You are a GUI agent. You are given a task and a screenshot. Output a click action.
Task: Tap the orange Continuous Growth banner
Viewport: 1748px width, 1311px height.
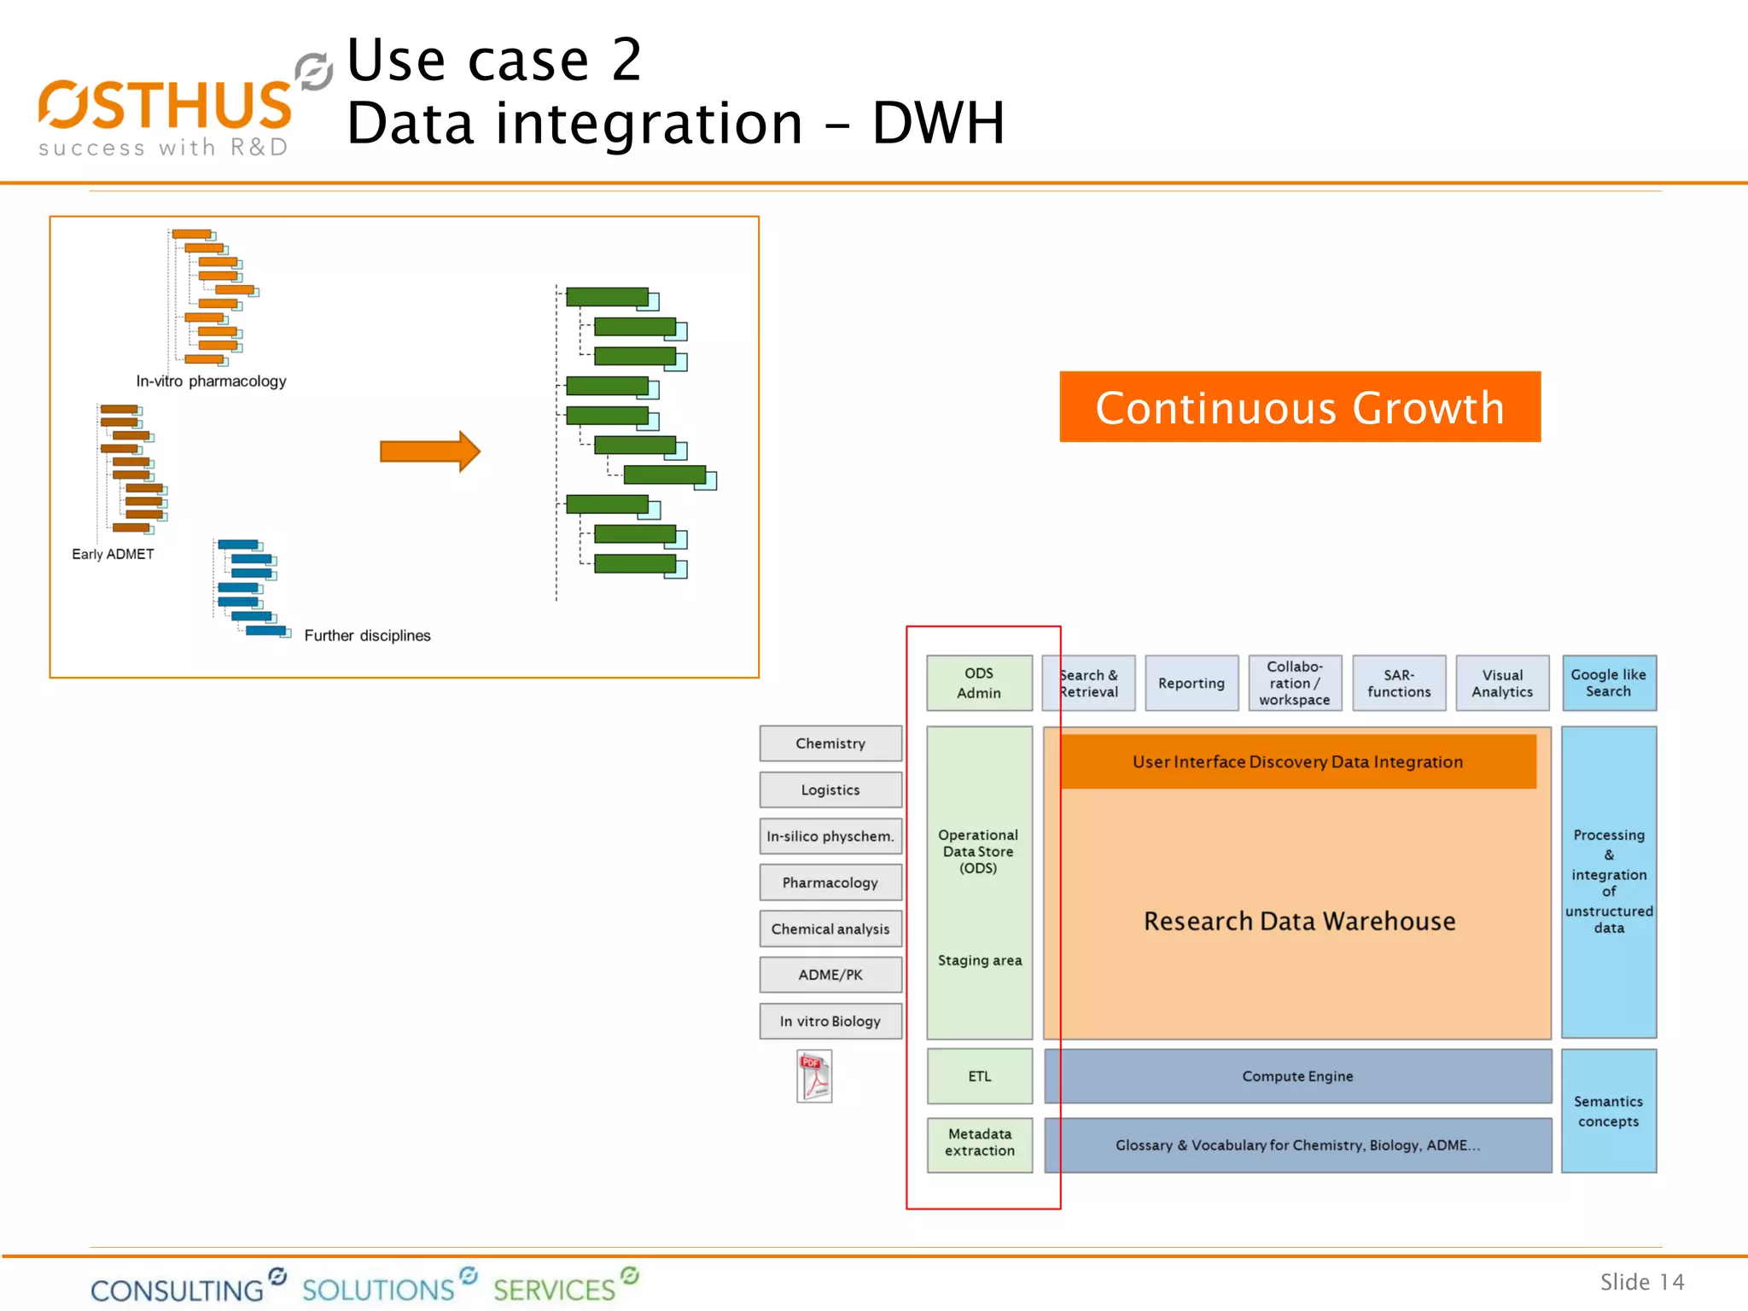(1299, 407)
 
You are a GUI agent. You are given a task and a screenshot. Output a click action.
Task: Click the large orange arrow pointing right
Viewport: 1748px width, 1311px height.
(429, 451)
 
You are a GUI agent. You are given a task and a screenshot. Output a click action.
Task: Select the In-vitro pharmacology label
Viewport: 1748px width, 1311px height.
(211, 382)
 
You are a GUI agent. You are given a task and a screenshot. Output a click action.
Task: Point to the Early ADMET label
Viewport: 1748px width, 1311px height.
(113, 554)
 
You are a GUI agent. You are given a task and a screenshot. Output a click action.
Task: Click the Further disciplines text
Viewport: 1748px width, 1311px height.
(367, 636)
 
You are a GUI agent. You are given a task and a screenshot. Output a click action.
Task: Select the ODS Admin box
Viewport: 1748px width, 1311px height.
(979, 683)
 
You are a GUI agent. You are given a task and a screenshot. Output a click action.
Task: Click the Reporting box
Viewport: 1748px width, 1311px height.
(1191, 683)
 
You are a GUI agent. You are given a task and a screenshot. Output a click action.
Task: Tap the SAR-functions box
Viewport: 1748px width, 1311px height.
(1398, 683)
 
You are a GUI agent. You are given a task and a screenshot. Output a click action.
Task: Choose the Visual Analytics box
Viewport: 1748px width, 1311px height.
(1501, 683)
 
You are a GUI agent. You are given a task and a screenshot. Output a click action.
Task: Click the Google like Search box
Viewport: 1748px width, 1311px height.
(1608, 683)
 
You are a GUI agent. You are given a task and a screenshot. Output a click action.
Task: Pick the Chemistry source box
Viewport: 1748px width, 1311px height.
(830, 743)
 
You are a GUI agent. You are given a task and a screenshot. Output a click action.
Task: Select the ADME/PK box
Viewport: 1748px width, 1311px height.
(830, 975)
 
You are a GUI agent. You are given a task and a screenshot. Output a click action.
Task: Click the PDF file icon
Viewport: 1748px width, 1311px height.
(814, 1077)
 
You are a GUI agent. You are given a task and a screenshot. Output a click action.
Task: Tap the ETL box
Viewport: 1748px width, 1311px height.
(979, 1076)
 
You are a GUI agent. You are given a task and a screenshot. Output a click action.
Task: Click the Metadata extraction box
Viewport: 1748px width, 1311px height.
(979, 1143)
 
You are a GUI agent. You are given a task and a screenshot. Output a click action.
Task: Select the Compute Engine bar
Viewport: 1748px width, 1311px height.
(1296, 1076)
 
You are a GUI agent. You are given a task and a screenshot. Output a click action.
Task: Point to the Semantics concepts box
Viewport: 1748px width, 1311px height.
(1608, 1111)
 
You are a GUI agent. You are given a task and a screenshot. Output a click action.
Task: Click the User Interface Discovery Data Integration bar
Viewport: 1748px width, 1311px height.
(1296, 761)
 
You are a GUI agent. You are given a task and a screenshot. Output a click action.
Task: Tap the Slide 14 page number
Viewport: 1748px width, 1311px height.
(1641, 1282)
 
